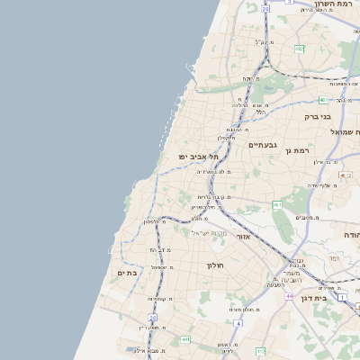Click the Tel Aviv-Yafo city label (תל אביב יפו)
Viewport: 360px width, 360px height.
(201, 157)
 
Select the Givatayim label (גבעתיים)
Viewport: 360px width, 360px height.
(263, 145)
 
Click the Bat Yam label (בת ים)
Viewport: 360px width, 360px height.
(127, 272)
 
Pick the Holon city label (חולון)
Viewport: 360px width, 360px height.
(214, 265)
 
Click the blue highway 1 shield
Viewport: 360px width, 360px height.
(342, 296)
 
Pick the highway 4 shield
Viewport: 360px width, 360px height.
(237, 321)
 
